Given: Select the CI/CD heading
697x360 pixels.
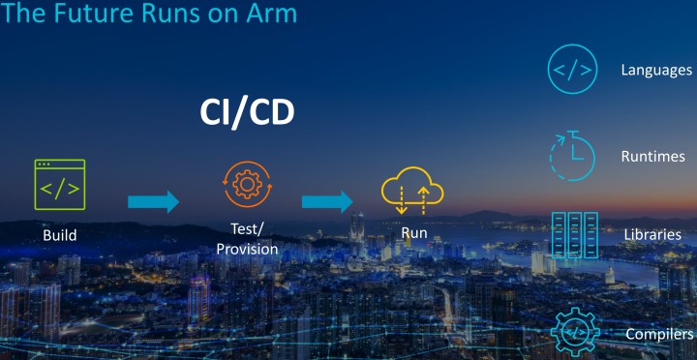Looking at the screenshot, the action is tap(247, 113).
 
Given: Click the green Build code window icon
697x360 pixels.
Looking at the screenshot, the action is tap(60, 185).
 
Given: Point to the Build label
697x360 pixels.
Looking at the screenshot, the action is tap(60, 235).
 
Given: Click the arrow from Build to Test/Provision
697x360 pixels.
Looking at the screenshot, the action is tap(154, 201).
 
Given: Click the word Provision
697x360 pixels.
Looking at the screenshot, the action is tap(247, 250).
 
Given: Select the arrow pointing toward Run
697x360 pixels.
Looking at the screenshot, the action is tap(327, 201).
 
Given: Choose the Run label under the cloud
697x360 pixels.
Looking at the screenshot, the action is tap(413, 234).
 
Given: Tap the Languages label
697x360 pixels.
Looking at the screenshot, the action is tap(656, 71).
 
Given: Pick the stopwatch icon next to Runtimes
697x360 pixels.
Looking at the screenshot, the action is tap(573, 155).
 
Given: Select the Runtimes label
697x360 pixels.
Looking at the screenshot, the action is tap(653, 156).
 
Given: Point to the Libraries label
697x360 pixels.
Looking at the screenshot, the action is tap(652, 235).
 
